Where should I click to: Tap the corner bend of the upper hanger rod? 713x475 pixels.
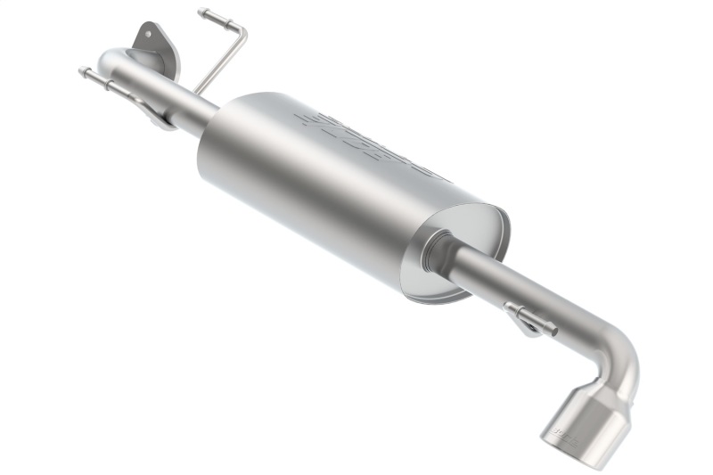pos(242,32)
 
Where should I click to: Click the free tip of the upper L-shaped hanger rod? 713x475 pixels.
pos(202,12)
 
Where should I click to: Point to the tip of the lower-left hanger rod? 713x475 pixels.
pos(82,70)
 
